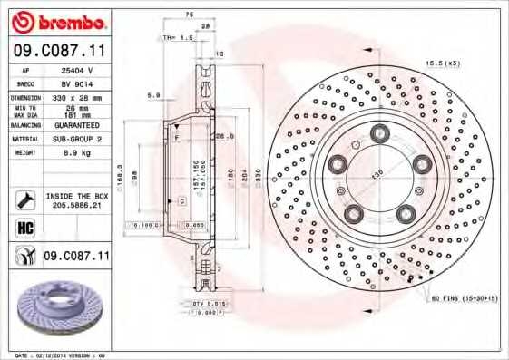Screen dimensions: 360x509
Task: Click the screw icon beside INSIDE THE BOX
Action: pos(23,200)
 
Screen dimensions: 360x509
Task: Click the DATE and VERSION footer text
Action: pos(54,355)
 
